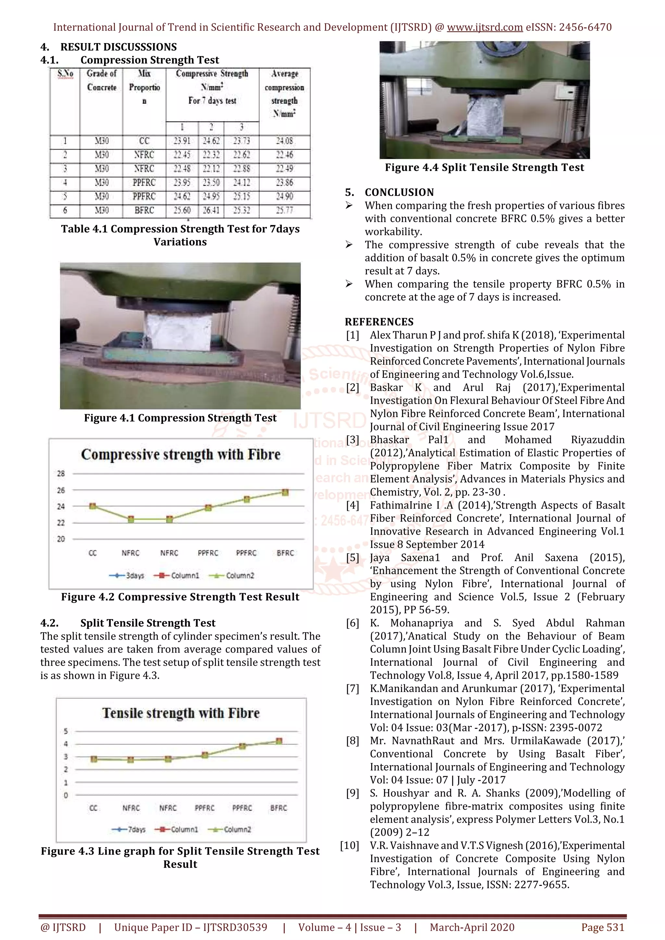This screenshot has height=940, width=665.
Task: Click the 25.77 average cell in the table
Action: pos(284,211)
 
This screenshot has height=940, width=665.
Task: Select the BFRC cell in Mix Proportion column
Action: pos(144,211)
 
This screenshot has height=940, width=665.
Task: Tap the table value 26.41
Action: pos(211,211)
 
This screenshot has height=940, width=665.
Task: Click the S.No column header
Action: pos(65,74)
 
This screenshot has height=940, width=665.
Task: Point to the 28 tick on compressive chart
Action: pos(61,473)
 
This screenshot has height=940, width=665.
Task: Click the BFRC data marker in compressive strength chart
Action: pos(285,492)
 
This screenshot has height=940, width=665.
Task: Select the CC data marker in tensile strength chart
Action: pos(94,759)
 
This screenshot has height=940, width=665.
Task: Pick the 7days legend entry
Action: pos(129,829)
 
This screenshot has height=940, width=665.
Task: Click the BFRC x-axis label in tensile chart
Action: pos(279,808)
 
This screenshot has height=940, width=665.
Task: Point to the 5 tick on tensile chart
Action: pos(66,731)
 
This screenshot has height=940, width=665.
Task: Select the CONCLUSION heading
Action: pos(399,192)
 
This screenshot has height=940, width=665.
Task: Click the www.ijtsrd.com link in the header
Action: pos(484,28)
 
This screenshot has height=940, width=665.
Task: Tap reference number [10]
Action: pos(349,845)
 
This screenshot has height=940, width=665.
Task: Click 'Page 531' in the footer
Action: pos(602,927)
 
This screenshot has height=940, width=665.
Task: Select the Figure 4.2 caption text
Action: pos(180,597)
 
